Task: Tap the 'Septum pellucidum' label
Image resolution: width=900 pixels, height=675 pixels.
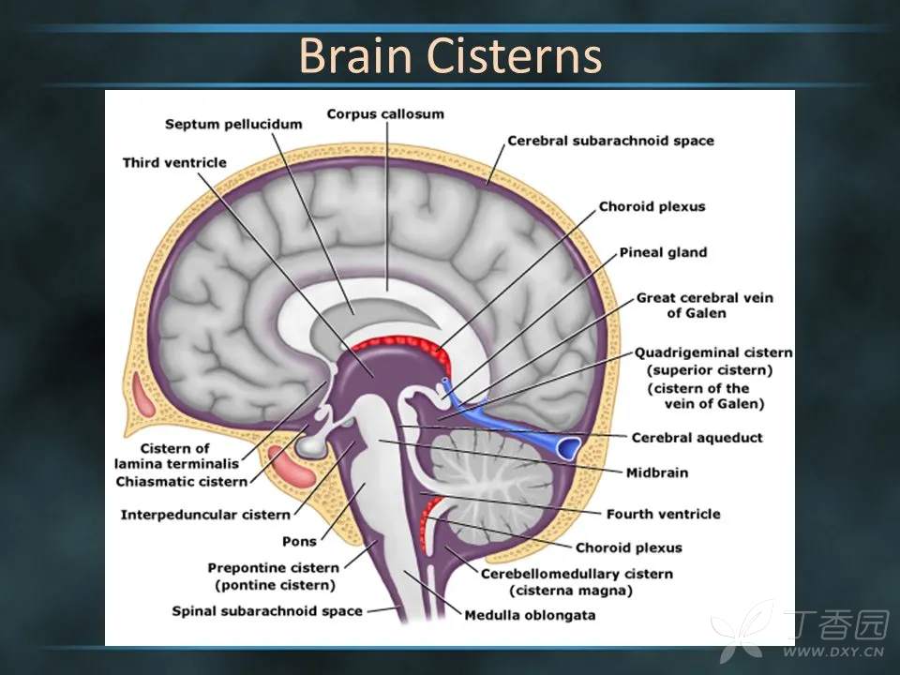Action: coord(234,124)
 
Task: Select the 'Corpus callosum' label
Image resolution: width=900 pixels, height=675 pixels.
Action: coord(385,114)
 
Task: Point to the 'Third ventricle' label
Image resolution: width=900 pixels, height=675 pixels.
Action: coord(174,162)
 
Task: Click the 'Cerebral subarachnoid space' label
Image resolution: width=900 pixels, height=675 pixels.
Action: coord(610,141)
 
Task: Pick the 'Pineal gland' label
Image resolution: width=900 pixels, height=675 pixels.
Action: coord(663,252)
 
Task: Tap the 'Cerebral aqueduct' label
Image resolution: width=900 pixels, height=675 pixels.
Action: coord(697,437)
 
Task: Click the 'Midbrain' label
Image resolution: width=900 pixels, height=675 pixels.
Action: coord(657,472)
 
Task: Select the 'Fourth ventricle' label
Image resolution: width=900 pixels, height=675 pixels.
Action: coord(663,514)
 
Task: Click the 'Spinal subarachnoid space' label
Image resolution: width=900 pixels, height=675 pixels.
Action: coord(267,611)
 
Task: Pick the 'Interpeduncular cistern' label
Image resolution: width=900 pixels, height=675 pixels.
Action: coord(205,515)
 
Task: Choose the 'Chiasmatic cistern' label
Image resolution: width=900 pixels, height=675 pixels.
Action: coord(182,481)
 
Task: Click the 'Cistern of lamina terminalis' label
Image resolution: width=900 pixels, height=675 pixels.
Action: coord(175,456)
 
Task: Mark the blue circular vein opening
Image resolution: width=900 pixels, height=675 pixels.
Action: coord(567,447)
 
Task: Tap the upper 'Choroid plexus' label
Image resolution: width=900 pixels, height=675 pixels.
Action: coord(652,206)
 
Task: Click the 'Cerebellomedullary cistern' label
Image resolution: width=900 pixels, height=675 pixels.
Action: coord(577,573)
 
